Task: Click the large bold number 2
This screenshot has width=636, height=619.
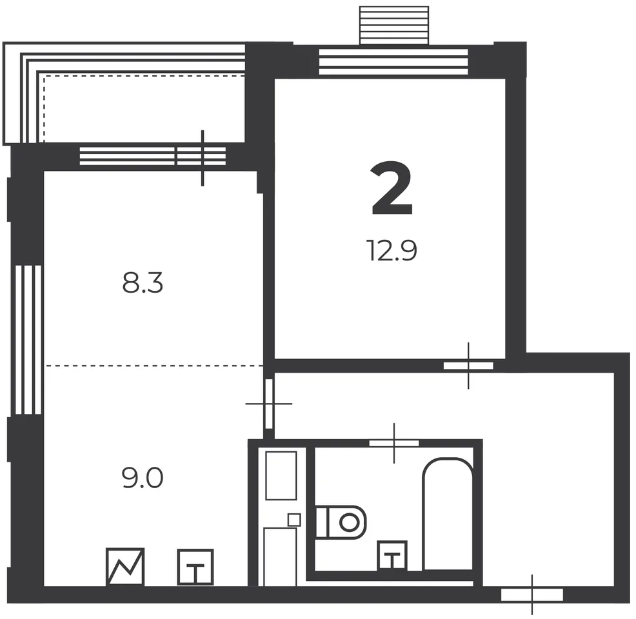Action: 392,188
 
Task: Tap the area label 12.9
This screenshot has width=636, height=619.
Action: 392,250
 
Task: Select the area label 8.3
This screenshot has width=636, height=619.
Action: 143,282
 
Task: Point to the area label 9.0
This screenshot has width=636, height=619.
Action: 143,478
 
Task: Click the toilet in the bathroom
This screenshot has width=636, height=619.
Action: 341,522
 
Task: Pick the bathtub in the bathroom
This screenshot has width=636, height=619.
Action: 448,514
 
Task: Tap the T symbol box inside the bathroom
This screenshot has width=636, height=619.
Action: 392,556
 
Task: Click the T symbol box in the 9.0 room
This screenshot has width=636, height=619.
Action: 195,567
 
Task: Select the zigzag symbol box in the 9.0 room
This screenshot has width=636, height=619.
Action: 125,567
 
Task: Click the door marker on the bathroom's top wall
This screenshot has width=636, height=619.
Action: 394,443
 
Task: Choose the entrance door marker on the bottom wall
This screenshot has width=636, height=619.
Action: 532,594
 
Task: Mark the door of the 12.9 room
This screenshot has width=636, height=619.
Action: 468,366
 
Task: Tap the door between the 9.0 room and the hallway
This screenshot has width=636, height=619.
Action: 268,404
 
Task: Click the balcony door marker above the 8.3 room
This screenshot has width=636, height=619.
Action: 202,158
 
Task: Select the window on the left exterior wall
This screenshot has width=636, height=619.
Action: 28,340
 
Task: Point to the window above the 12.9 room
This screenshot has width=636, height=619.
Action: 393,62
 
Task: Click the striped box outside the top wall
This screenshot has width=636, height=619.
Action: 394,25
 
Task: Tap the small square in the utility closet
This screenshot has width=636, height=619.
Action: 294,520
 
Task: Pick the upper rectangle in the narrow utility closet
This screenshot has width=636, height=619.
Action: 281,475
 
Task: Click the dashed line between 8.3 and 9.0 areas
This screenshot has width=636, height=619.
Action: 154,366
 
